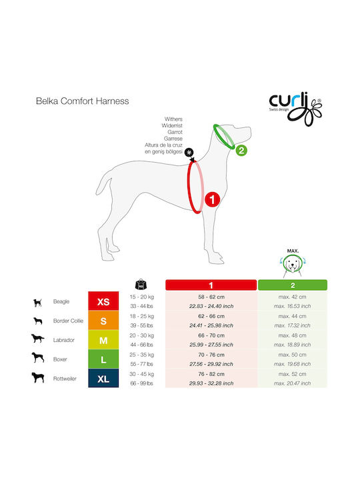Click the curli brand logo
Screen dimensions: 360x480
295,109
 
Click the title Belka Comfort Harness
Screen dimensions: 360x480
83,101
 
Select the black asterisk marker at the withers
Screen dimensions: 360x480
189,152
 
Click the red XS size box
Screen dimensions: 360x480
103,301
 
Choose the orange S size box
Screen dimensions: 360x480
103,321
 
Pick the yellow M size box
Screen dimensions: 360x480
103,340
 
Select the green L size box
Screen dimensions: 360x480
103,359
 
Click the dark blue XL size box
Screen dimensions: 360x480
103,379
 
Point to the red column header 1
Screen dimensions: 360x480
211,285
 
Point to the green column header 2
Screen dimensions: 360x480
293,285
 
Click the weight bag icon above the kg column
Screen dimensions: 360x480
141,285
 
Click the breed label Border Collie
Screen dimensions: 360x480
68,321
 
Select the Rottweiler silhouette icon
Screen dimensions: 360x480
38,377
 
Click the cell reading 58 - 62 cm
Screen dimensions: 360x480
211,297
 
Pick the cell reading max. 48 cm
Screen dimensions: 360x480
293,335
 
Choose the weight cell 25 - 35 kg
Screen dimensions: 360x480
142,355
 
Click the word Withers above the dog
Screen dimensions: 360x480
173,119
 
